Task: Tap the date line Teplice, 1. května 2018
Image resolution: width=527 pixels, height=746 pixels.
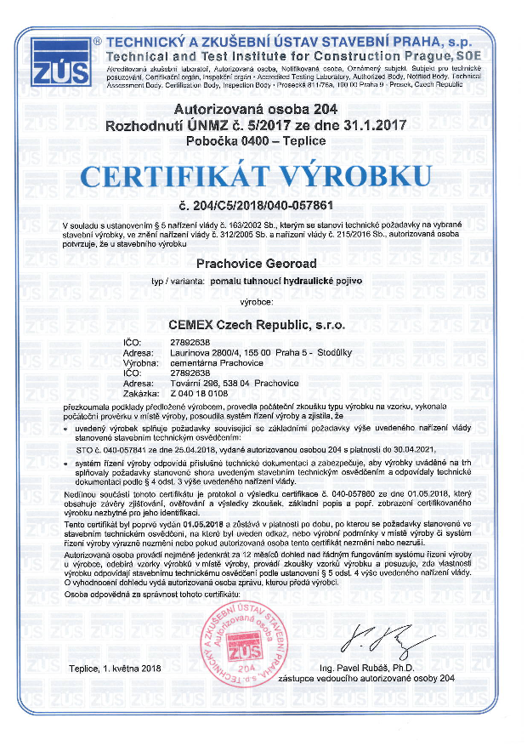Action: (x=117, y=669)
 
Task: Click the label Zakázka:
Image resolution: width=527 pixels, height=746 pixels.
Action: (x=139, y=395)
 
